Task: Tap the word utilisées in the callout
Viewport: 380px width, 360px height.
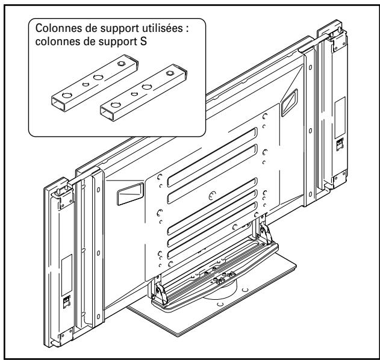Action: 162,29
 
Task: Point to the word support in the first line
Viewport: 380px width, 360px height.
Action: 113,29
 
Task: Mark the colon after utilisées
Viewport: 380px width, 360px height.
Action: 187,29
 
